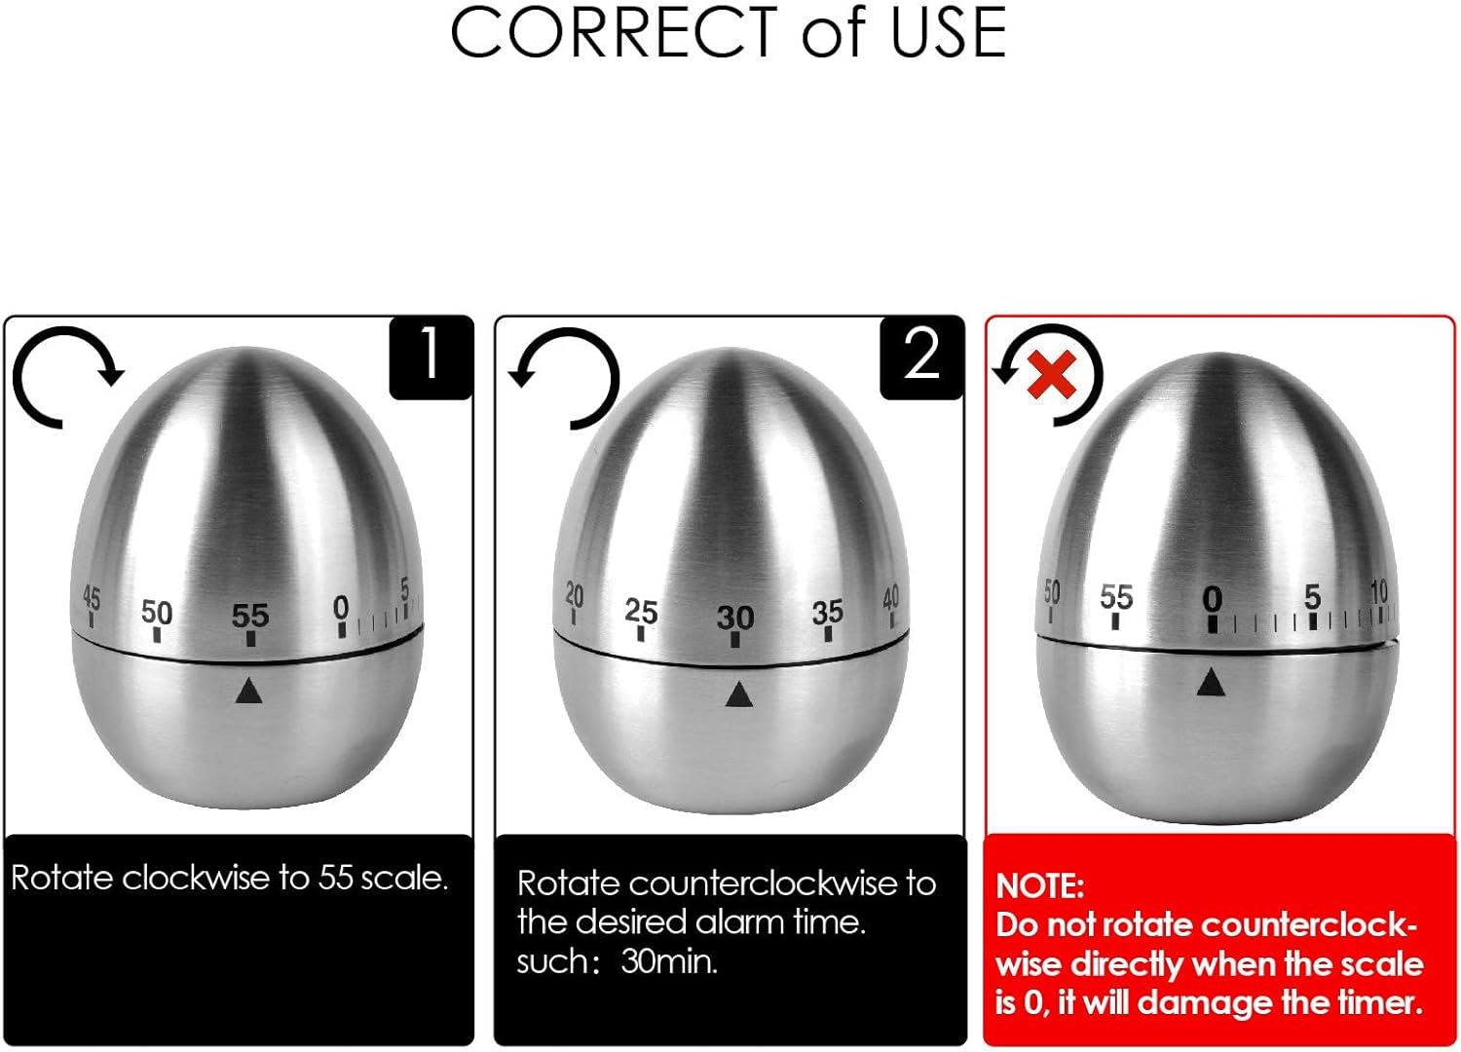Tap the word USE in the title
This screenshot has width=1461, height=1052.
click(948, 33)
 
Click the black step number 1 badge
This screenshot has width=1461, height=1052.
click(431, 357)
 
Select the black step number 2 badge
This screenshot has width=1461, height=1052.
click(921, 357)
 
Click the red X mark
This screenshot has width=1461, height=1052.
click(1052, 374)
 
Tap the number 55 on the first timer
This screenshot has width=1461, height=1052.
click(250, 616)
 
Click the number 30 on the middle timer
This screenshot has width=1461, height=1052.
click(735, 618)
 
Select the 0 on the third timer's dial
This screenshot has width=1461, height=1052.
click(1212, 598)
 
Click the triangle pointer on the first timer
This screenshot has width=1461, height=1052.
click(249, 691)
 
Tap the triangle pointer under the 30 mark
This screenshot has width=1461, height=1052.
click(738, 695)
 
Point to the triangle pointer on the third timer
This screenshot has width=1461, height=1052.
click(1211, 683)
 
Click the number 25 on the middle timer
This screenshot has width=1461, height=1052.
click(641, 612)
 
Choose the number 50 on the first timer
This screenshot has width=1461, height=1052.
click(157, 612)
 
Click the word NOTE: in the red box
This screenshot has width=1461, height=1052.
click(1039, 885)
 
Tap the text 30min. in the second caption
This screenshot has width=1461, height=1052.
click(669, 962)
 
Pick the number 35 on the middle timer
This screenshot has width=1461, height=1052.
click(828, 612)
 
